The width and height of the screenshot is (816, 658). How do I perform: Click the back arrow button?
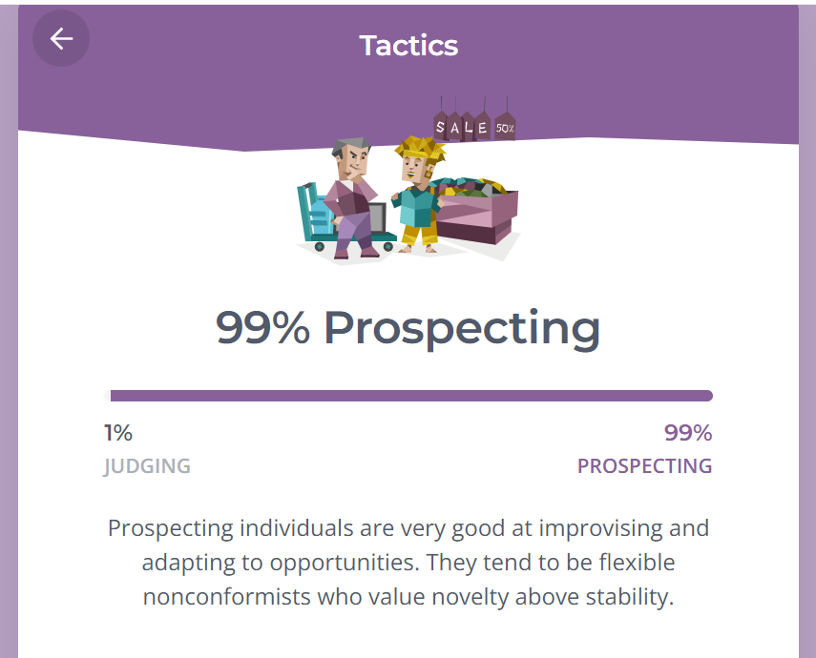tap(61, 38)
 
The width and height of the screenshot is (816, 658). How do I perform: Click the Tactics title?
tap(408, 45)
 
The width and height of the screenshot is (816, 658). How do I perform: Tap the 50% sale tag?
tap(505, 127)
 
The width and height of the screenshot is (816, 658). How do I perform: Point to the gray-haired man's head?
tap(351, 157)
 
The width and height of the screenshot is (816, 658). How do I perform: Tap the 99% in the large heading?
tap(262, 328)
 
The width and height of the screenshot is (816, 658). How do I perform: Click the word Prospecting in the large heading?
tap(462, 329)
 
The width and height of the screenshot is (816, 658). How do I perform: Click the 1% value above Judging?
tap(118, 433)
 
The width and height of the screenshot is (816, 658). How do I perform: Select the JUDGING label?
tap(147, 466)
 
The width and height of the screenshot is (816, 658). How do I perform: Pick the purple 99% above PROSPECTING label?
tap(688, 433)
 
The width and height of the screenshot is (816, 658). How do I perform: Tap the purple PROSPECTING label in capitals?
tap(645, 466)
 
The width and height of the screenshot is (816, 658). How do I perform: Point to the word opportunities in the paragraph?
tap(345, 564)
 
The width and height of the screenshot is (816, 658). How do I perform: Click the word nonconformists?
tap(227, 597)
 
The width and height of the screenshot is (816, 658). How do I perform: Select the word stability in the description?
tap(630, 598)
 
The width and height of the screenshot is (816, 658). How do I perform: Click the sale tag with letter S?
tap(440, 127)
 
